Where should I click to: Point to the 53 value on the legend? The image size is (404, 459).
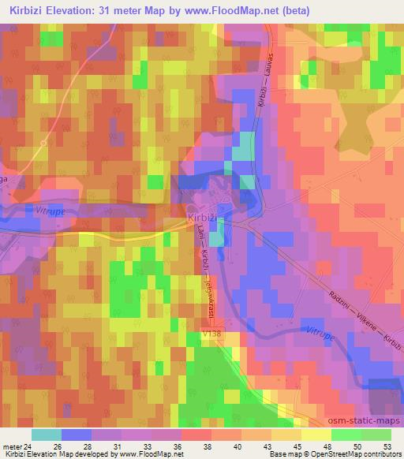click(387, 446)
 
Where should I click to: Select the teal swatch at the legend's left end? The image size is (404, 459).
click(46, 435)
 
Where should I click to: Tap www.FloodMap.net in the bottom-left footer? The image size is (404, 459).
click(141, 454)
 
